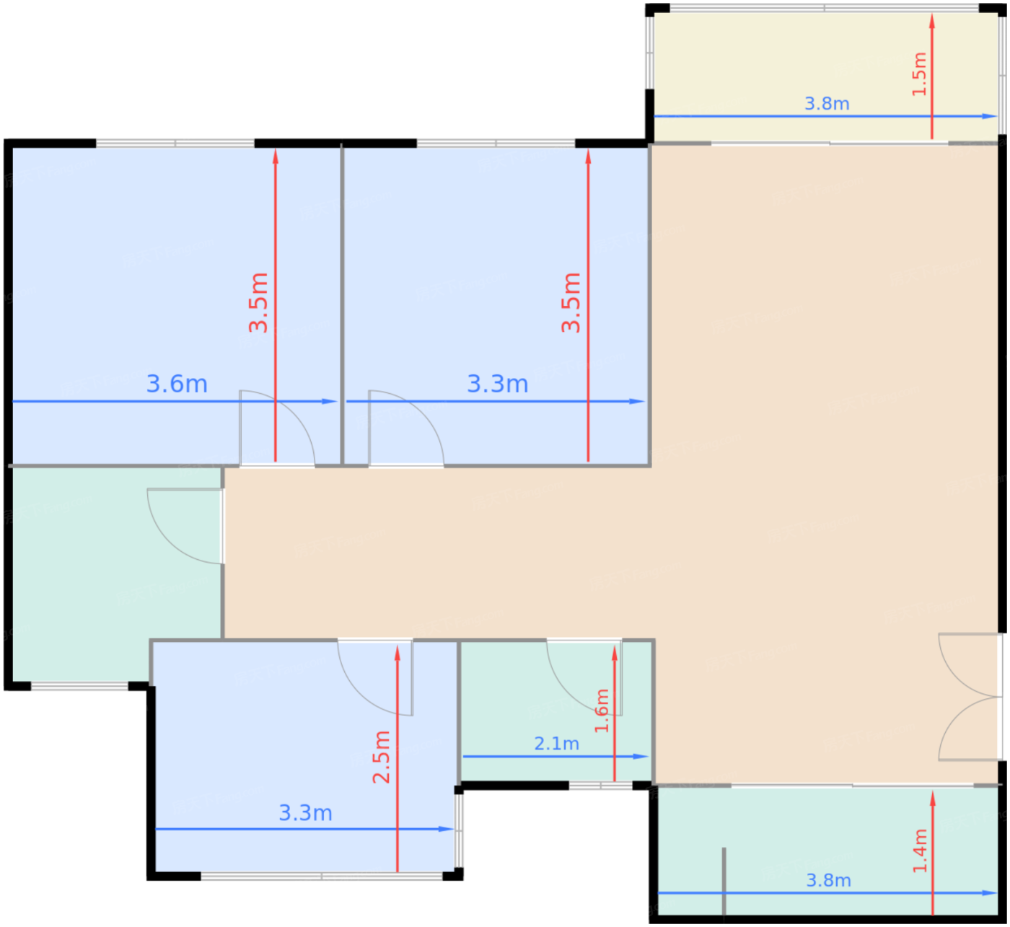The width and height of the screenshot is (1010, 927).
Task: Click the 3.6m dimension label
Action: click(177, 385)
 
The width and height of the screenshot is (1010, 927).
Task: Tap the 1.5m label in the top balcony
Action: click(919, 74)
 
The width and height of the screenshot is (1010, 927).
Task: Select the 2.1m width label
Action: click(556, 743)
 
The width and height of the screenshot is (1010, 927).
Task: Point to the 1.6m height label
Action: click(602, 711)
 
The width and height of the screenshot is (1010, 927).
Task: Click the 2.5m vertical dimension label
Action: click(381, 757)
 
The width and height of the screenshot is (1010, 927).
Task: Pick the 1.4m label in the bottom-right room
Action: click(920, 851)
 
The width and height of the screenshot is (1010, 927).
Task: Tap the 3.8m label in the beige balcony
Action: click(827, 104)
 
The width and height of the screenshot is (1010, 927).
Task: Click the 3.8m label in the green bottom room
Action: click(828, 880)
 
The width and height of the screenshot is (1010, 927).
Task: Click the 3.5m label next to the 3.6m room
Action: click(259, 302)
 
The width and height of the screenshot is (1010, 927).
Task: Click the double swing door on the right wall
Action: click(969, 697)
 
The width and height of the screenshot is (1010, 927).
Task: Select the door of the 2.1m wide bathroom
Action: click(584, 677)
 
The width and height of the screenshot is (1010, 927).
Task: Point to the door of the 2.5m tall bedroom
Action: click(375, 677)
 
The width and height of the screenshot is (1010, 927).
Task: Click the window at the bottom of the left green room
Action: click(79, 686)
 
